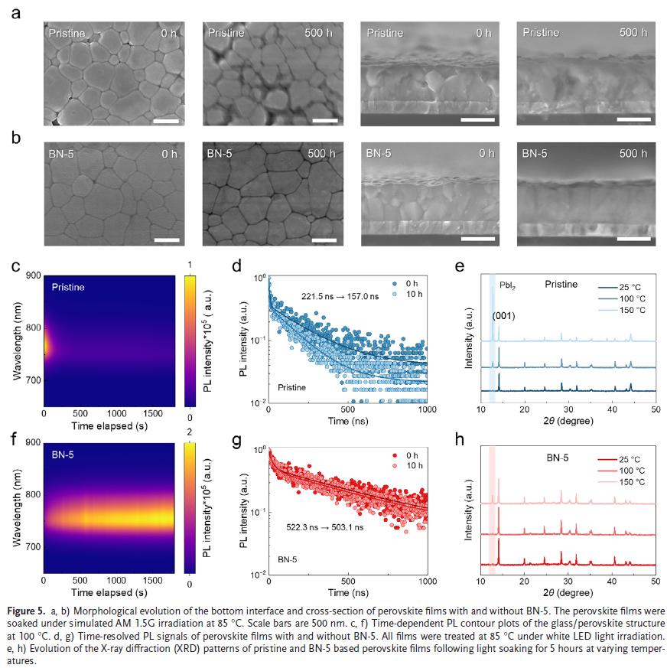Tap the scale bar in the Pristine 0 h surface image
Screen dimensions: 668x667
coord(166,120)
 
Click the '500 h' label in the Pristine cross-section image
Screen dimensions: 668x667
coord(633,33)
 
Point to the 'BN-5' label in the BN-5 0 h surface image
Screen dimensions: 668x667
coord(62,153)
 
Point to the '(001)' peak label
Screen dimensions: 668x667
coord(504,314)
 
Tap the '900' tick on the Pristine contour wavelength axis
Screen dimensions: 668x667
coord(33,275)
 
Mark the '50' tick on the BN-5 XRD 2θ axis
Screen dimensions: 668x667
coord(655,581)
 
